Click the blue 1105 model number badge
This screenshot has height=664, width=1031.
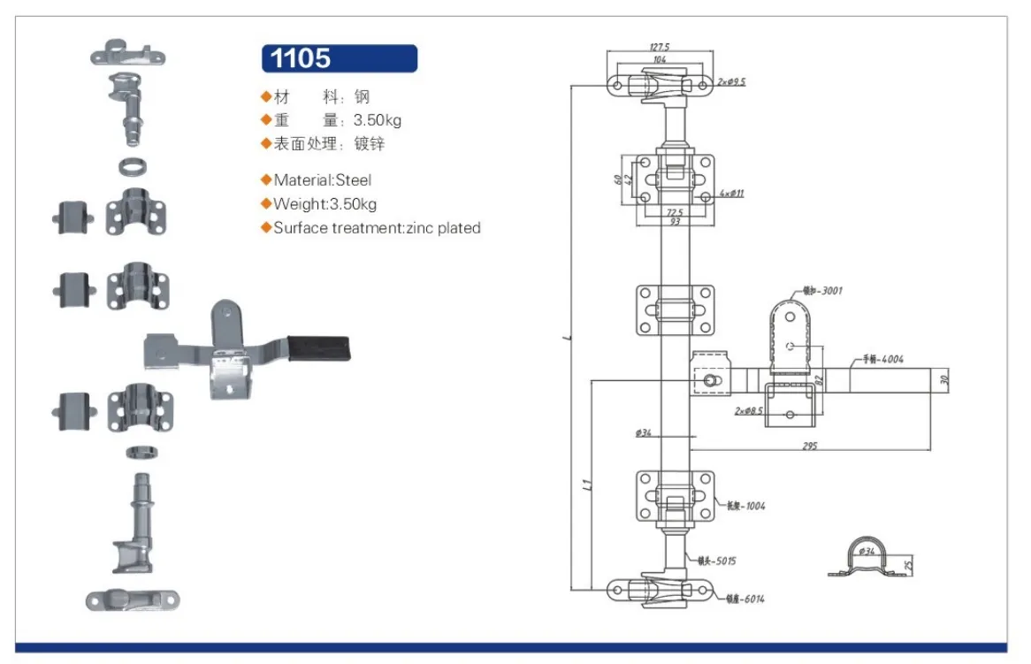point(340,58)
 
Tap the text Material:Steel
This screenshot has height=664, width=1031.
point(322,180)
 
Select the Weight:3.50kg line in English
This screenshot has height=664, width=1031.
point(325,204)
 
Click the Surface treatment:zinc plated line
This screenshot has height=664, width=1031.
point(377,228)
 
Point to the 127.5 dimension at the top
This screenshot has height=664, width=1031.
point(659,47)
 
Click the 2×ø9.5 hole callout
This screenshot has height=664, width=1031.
point(732,81)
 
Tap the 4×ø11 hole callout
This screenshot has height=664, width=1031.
point(732,193)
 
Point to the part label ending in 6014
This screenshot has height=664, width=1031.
point(746,599)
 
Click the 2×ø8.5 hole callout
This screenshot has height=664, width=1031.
point(747,411)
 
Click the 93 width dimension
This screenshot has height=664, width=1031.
point(676,222)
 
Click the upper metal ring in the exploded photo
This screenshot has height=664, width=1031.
point(133,165)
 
